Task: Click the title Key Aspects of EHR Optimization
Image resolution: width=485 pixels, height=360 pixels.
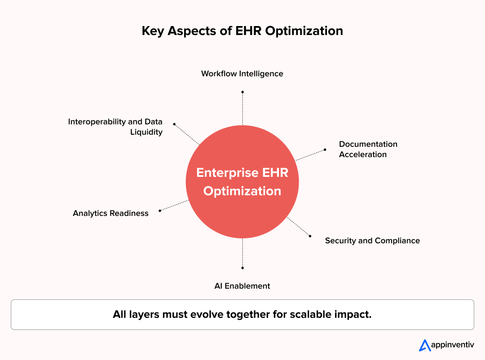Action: click(x=242, y=31)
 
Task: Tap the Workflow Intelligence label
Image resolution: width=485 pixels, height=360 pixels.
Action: click(x=242, y=74)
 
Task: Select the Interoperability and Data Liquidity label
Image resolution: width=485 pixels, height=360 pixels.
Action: click(x=115, y=127)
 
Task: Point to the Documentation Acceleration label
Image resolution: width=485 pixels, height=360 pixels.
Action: click(x=368, y=149)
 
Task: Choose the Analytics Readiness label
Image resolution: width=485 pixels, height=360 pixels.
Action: click(x=110, y=213)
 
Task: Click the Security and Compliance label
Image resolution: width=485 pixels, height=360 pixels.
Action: click(x=372, y=241)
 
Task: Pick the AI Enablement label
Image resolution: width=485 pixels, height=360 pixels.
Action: click(x=242, y=286)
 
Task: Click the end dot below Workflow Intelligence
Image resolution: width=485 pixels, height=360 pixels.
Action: click(x=242, y=92)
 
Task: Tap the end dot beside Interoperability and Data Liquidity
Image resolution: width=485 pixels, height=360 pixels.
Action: click(x=174, y=124)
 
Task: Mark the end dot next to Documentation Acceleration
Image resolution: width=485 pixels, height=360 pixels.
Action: click(x=325, y=149)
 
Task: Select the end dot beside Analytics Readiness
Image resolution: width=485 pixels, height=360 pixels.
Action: click(x=160, y=211)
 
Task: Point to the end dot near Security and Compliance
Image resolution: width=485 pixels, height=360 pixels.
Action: click(x=310, y=236)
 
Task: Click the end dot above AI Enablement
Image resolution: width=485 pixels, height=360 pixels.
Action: click(x=242, y=268)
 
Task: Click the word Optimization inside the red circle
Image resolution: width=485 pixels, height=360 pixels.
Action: click(x=242, y=191)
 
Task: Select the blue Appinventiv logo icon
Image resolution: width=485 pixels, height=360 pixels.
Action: click(x=424, y=345)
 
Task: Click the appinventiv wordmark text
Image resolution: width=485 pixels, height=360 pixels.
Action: click(x=452, y=345)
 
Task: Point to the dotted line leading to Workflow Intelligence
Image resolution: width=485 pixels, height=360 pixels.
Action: click(x=242, y=109)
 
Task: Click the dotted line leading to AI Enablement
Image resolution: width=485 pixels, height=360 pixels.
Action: click(x=242, y=253)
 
